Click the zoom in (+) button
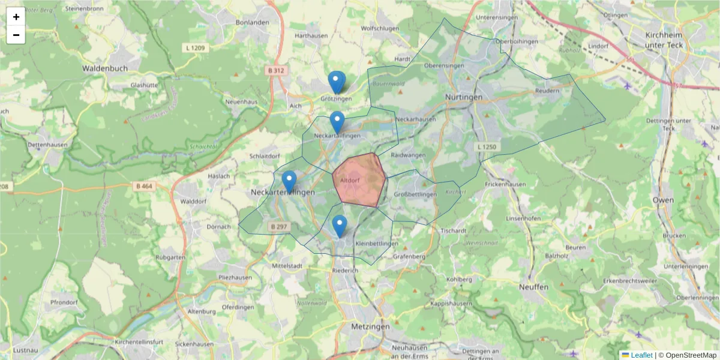pos(16,17)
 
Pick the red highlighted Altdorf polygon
pos(359,180)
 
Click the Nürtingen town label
pos(464,97)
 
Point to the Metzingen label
pos(370,326)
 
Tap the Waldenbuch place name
pos(105,68)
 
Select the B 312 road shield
pos(277,71)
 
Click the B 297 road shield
pos(279,227)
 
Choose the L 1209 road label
pos(196,47)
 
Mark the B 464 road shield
pos(145,187)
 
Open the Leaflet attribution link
pos(641,355)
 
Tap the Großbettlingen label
pos(416,195)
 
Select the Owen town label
pos(663,200)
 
